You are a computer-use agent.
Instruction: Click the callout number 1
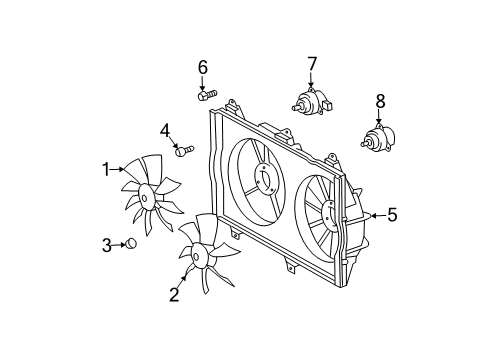105,170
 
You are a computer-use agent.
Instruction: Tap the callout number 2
174,293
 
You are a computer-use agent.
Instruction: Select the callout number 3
106,244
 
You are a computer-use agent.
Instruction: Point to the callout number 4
166,129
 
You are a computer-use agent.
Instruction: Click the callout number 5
392,214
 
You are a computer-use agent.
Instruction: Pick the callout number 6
202,68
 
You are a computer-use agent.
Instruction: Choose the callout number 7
311,65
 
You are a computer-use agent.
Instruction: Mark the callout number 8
380,100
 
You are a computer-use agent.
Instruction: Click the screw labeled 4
183,151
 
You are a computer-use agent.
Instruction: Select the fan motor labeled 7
309,101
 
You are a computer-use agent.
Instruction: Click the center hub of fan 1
147,198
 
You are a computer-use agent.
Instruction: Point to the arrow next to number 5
373,214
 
